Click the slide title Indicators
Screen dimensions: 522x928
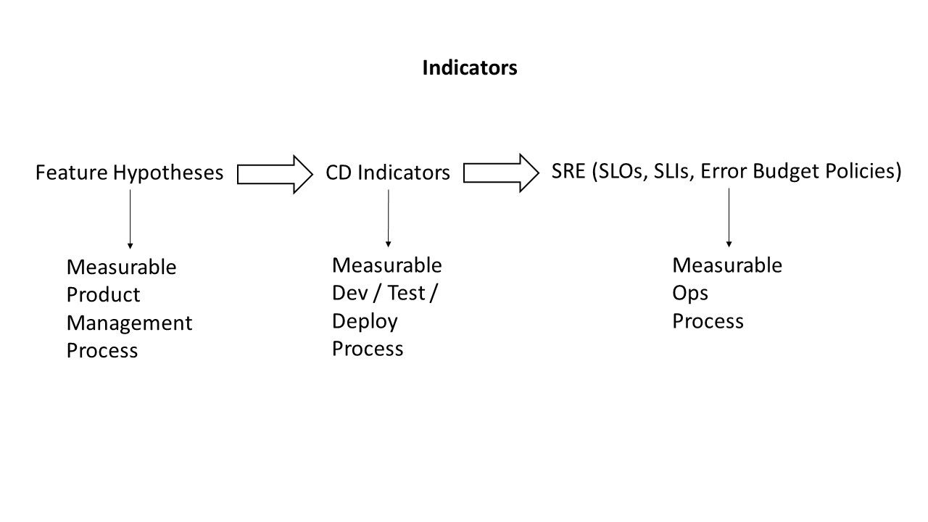point(469,67)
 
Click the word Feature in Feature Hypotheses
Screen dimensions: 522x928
point(72,173)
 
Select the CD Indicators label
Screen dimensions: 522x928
point(388,173)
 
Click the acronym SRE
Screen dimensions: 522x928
point(569,171)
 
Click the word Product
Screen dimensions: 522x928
point(103,295)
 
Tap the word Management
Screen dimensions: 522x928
point(129,323)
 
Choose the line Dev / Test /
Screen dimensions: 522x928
point(384,293)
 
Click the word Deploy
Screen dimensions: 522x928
point(365,321)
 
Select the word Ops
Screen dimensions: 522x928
point(690,293)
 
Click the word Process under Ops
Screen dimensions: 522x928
point(708,321)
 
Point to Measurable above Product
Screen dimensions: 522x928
point(121,267)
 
